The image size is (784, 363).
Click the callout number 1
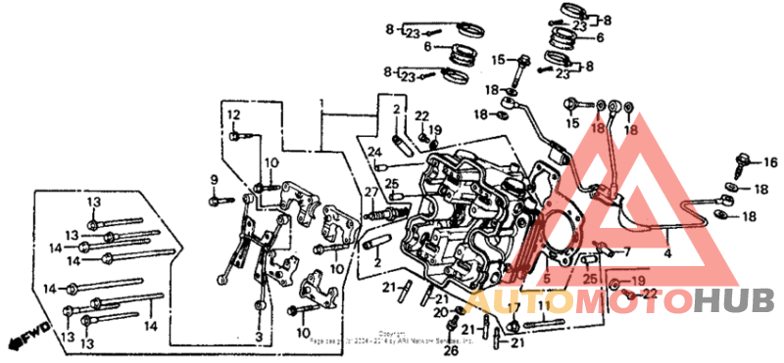point(319,103)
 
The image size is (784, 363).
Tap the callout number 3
point(258,336)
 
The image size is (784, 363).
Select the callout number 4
point(669,253)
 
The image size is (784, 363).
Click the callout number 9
point(212,178)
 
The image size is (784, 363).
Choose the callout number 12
point(234,115)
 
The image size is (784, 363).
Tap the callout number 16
point(769,162)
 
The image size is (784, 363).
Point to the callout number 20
point(439,310)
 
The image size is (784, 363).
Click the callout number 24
point(374,152)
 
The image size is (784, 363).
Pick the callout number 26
point(450,349)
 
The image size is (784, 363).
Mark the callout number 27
point(371,191)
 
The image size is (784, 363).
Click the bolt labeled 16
point(744,160)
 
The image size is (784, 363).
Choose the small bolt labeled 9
point(215,200)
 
